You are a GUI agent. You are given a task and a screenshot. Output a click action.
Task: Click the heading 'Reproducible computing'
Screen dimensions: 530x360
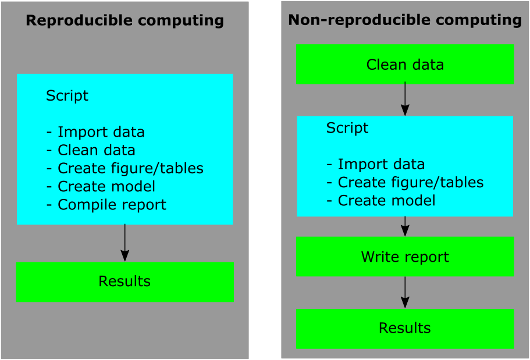tap(125, 20)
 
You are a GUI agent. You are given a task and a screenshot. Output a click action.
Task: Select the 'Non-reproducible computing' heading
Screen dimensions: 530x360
tap(405, 20)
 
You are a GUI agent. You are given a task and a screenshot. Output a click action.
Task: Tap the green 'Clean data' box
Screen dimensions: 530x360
tap(405, 64)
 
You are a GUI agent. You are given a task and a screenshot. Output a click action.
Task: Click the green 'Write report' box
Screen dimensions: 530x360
tap(405, 256)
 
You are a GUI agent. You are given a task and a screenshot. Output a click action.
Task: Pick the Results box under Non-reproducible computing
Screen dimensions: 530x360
tap(405, 329)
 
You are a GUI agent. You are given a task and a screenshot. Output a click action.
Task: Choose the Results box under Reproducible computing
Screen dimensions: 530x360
tap(125, 282)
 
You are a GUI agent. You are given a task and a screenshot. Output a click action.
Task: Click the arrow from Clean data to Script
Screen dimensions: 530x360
tap(405, 99)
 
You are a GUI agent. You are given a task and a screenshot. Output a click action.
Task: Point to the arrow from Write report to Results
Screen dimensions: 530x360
tap(405, 293)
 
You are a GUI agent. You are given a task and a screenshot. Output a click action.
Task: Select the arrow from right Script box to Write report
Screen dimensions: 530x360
tap(405, 226)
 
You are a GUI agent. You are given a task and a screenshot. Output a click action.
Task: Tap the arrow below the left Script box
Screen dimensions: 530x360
tap(125, 243)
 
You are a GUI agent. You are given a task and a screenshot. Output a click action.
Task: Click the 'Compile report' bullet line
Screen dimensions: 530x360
tap(106, 205)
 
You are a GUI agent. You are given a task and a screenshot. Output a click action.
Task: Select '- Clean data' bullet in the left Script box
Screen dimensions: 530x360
tap(91, 150)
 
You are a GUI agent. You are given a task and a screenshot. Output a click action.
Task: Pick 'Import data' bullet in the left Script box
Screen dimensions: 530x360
tap(95, 132)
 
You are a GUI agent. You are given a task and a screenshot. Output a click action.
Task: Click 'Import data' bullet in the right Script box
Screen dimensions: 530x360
tap(375, 164)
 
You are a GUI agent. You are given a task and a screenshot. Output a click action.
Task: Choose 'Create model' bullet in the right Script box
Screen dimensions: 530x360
tap(381, 201)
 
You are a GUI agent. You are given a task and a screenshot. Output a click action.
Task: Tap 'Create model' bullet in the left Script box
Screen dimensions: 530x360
tap(101, 186)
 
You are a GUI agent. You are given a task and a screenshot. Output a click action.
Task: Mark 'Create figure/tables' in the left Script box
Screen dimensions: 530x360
tap(125, 168)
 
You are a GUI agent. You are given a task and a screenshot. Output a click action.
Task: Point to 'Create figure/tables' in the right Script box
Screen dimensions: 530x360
tap(405, 183)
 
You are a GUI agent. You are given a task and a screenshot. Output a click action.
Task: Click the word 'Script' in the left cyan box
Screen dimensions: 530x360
tap(67, 96)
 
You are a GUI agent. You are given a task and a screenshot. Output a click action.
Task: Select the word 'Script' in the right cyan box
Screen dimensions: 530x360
tap(347, 128)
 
